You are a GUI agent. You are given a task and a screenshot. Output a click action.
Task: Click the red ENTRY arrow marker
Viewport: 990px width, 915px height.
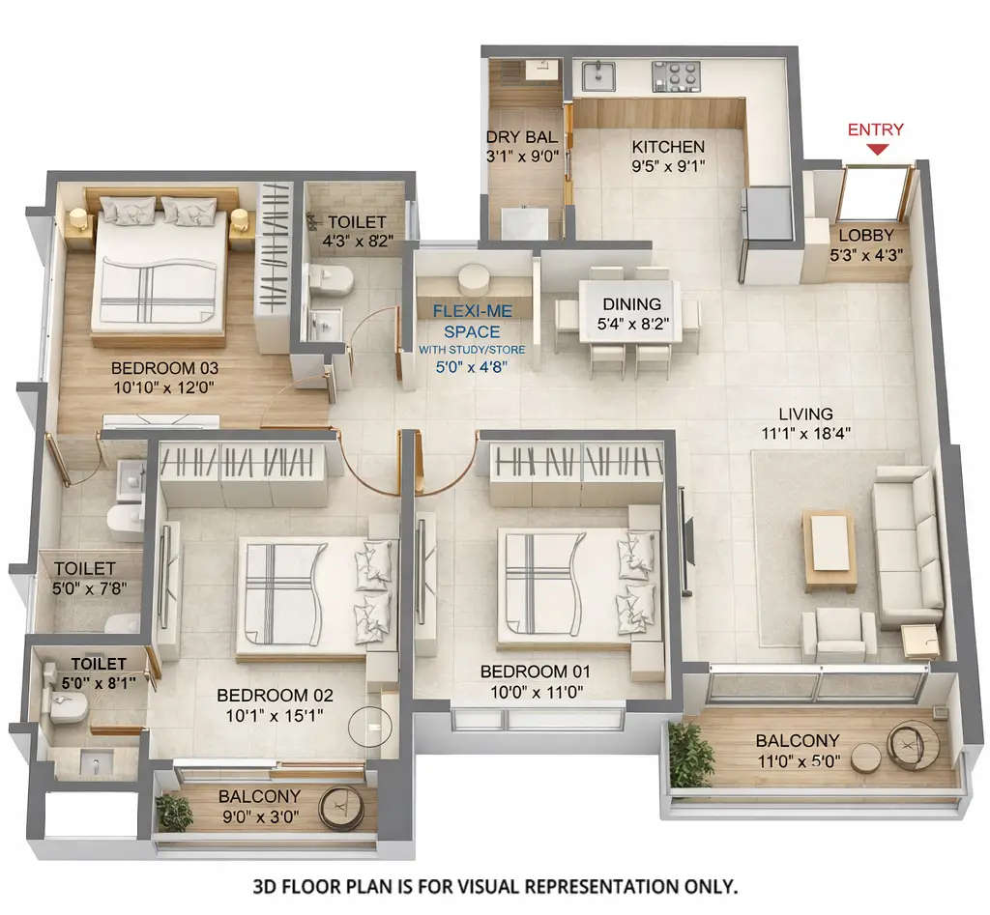pos(877,149)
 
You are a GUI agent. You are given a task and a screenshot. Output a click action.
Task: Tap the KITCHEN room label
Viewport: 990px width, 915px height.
pos(668,147)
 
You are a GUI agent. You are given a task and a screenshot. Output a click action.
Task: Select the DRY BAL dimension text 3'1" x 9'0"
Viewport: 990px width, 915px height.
pos(523,156)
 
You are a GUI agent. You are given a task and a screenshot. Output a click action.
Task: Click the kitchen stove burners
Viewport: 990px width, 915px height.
pos(676,74)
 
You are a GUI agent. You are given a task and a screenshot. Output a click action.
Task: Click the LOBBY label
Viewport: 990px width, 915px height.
pos(866,235)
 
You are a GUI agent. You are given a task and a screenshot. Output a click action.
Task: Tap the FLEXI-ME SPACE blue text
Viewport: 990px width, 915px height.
pos(472,321)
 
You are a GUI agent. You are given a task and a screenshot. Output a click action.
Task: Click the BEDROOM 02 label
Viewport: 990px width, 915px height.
pos(275,695)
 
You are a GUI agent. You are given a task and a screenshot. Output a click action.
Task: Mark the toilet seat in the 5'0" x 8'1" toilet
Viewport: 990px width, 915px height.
pos(65,707)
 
